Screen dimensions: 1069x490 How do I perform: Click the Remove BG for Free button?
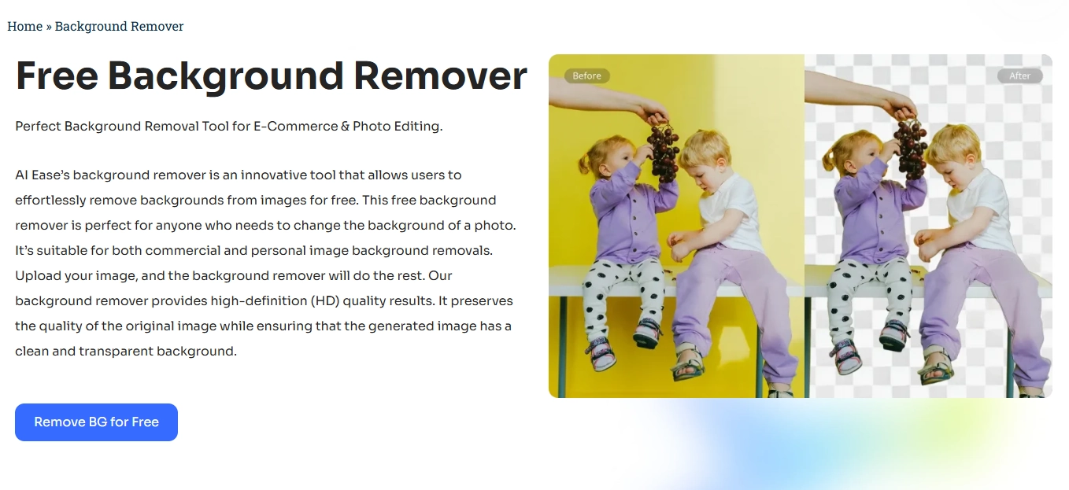[x=96, y=422]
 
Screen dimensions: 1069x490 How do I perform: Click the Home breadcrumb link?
[x=25, y=26]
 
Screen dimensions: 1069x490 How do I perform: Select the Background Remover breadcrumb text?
[x=119, y=26]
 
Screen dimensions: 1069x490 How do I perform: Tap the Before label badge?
[x=587, y=76]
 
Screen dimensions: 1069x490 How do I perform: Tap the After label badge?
[x=1020, y=76]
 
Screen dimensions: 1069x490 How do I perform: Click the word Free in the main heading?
[x=57, y=76]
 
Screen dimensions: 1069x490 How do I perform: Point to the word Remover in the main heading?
[x=441, y=76]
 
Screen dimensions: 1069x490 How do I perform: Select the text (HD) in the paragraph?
[x=324, y=301]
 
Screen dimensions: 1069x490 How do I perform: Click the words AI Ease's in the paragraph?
[x=43, y=175]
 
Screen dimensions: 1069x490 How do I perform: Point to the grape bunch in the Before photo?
[x=663, y=153]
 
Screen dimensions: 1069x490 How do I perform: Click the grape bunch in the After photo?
[x=911, y=149]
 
